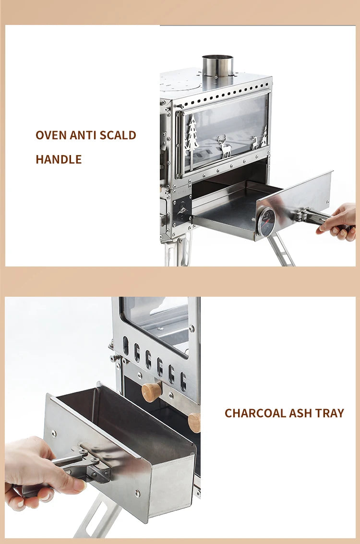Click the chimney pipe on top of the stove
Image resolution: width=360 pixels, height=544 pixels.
217,66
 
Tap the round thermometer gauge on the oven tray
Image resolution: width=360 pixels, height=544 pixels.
266,222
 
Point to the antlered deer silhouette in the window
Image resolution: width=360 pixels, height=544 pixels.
224,146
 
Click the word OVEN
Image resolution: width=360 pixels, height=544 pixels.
51,135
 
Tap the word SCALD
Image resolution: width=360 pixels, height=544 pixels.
118,135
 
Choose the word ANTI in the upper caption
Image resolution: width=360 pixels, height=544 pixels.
84,135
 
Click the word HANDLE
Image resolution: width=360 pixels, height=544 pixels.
59,159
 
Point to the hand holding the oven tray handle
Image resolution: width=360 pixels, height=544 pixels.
339,222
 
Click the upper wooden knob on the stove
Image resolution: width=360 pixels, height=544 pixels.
152,392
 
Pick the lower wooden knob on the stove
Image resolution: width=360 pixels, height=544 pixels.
195,423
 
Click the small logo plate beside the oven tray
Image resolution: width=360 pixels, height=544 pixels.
183,209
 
